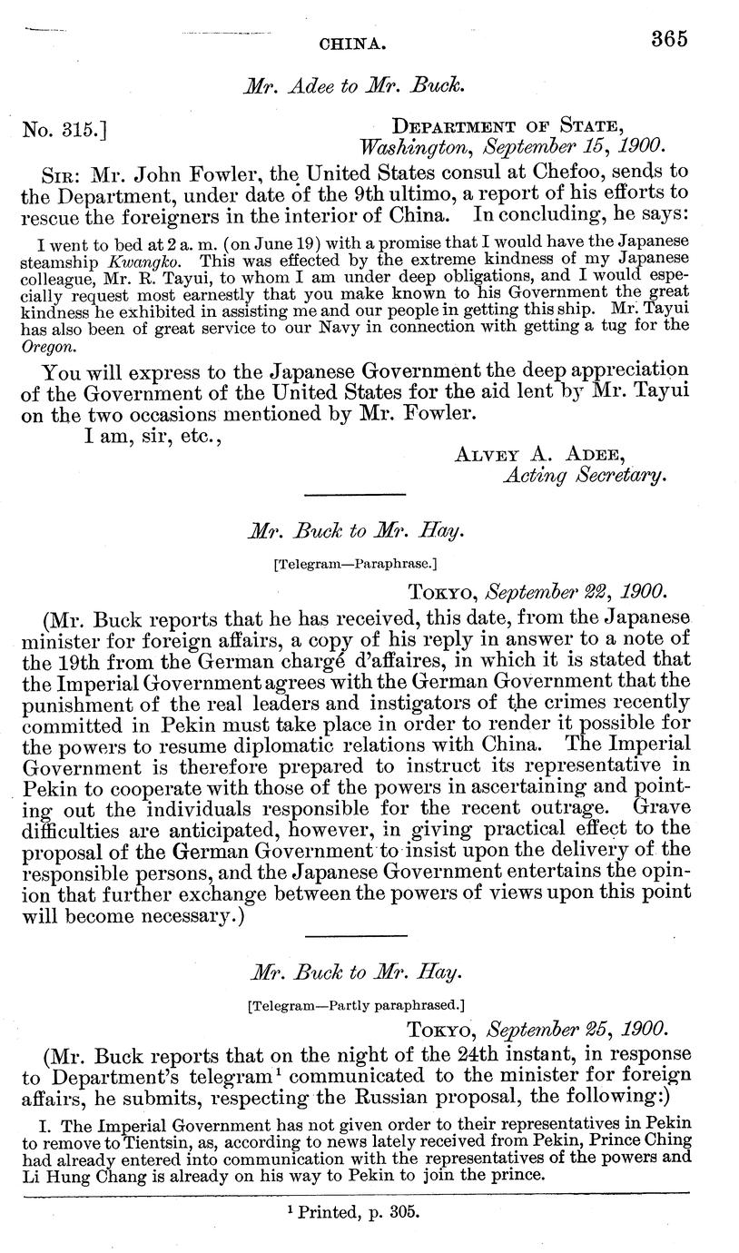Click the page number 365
(x=669, y=39)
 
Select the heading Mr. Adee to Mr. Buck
(x=355, y=87)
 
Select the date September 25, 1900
(x=577, y=1031)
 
